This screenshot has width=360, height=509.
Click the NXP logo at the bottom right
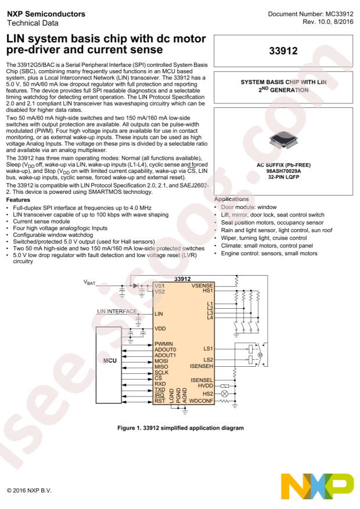pyautogui.click(x=317, y=486)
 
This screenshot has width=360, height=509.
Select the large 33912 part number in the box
pyautogui.click(x=283, y=50)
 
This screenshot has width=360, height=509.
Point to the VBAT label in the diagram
pyautogui.click(x=89, y=283)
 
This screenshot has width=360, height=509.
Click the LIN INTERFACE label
pyautogui.click(x=117, y=311)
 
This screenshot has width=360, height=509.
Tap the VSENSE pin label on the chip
pyautogui.click(x=202, y=286)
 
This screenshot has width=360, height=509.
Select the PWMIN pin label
pyautogui.click(x=164, y=344)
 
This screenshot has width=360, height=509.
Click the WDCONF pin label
pyautogui.click(x=201, y=401)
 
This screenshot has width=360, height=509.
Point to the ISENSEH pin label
pyautogui.click(x=201, y=366)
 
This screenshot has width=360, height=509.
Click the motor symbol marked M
pyautogui.click(x=260, y=355)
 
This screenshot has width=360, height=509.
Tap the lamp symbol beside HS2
pyautogui.click(x=224, y=394)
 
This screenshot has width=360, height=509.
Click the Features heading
pyautogui.click(x=18, y=200)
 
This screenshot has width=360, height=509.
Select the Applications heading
pyautogui.click(x=232, y=199)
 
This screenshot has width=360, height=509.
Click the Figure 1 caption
pyautogui.click(x=181, y=428)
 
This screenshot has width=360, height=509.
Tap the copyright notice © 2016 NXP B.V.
pyautogui.click(x=29, y=490)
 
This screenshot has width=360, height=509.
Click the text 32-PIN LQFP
pyautogui.click(x=283, y=177)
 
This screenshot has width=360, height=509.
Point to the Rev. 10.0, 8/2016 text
pyautogui.click(x=328, y=21)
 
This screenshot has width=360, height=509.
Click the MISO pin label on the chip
pyautogui.click(x=161, y=366)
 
